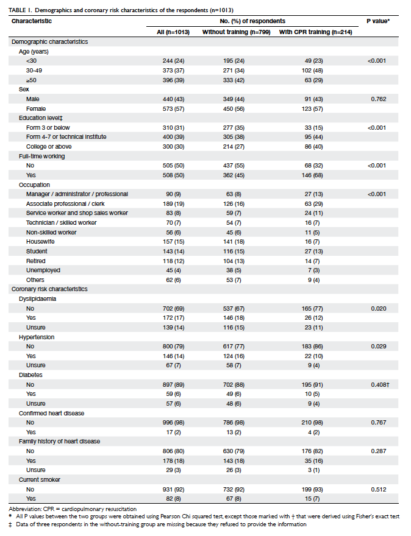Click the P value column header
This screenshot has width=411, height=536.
click(x=378, y=21)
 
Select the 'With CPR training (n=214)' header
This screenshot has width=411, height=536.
click(x=315, y=32)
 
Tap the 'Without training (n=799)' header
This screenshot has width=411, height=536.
click(x=236, y=32)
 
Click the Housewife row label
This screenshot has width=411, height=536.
click(x=40, y=242)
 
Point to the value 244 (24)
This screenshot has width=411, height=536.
click(x=174, y=61)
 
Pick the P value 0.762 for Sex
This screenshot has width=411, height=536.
click(x=379, y=99)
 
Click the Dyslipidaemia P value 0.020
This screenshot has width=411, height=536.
click(x=379, y=308)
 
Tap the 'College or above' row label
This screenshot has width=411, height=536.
click(x=49, y=147)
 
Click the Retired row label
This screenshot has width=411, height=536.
click(x=36, y=261)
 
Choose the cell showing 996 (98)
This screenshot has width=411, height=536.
click(x=174, y=423)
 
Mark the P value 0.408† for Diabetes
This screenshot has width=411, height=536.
click(x=380, y=384)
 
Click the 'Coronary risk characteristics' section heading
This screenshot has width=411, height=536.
click(x=49, y=289)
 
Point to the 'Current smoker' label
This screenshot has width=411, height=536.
click(x=40, y=479)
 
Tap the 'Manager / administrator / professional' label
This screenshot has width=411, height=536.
click(x=77, y=194)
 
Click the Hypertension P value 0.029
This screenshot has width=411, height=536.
click(x=379, y=347)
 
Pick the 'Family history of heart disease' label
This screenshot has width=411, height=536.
click(x=60, y=442)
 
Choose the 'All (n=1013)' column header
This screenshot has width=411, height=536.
click(x=173, y=32)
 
